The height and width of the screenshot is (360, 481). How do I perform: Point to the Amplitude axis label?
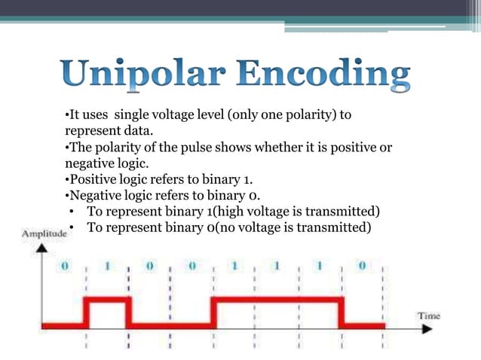[x=43, y=235]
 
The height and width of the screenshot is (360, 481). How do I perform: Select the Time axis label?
[x=430, y=316]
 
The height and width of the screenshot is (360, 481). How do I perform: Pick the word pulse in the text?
[x=172, y=148]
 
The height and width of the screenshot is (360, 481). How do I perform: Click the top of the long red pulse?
[x=277, y=300]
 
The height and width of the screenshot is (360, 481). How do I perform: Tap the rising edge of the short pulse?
[x=86, y=313]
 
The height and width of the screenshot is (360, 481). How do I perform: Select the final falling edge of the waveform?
[x=343, y=313]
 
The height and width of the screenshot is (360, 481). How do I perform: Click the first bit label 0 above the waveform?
[x=66, y=267]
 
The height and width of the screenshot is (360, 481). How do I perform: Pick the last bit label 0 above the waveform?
[x=363, y=267]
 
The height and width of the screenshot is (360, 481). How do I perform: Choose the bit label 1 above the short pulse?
[x=106, y=267]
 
